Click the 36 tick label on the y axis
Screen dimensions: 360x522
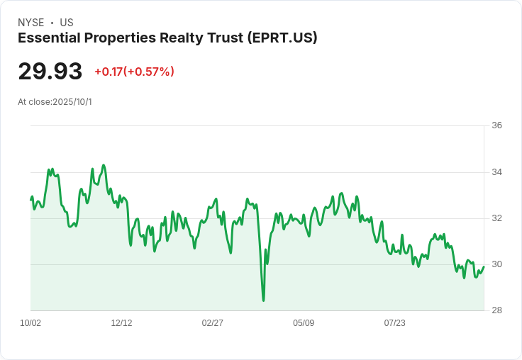point(496,125)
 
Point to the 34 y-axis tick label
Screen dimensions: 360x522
point(496,172)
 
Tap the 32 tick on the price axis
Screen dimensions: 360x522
point(496,218)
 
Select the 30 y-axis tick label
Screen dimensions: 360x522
point(496,264)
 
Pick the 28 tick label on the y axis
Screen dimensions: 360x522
point(496,310)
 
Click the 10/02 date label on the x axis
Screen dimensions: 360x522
point(30,323)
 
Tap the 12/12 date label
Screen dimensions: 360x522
point(121,323)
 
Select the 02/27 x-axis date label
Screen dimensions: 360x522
point(213,323)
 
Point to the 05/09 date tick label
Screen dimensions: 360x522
point(304,323)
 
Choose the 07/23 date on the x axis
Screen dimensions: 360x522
point(394,323)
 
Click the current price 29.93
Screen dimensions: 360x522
point(50,72)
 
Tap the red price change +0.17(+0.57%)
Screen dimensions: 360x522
point(134,72)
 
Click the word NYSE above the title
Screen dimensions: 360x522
point(31,23)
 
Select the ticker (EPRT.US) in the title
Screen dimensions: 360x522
point(282,38)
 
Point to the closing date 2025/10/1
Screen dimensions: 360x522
point(72,102)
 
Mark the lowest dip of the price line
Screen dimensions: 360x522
point(263,300)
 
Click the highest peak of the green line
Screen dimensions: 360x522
point(104,165)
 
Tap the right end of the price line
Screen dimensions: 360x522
point(484,266)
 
